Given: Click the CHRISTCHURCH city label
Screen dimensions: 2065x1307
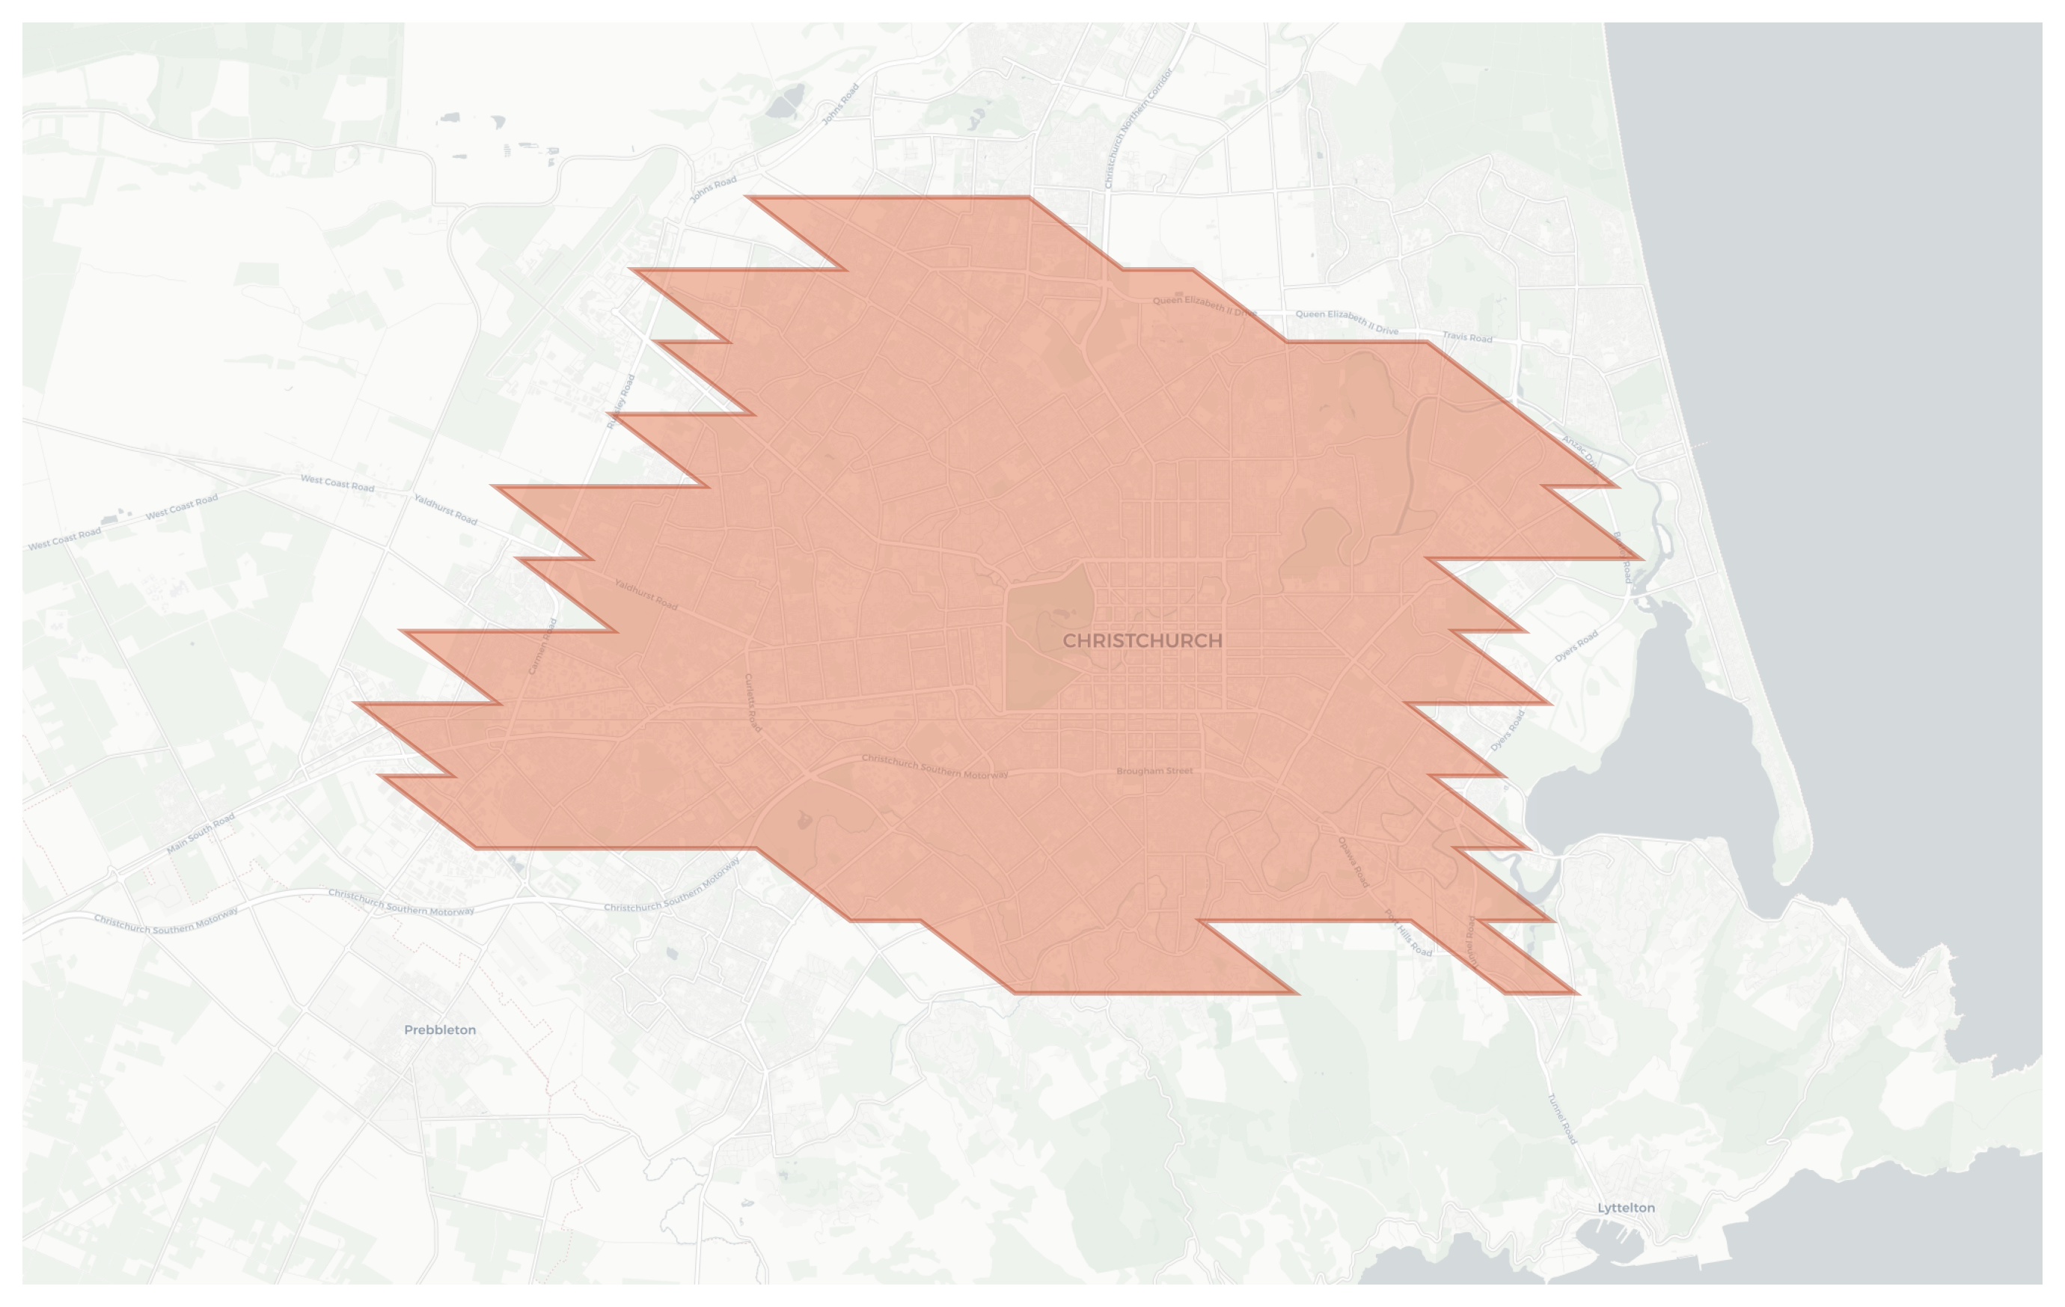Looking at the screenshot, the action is [x=1142, y=640].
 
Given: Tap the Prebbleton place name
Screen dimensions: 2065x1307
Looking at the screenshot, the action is [x=440, y=1030].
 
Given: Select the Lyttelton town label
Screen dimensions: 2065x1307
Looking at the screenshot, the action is [x=1626, y=1207].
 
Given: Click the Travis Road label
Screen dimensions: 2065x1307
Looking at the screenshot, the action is [x=1467, y=337].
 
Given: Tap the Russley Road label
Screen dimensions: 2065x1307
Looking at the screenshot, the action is [x=621, y=401].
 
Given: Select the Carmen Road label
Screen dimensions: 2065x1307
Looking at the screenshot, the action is [x=543, y=646].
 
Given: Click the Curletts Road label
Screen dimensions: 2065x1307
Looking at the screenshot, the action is [x=752, y=703].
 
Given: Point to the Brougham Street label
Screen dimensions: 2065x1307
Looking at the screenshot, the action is [x=1154, y=770].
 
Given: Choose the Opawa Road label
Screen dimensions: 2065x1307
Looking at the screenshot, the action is [x=1353, y=862].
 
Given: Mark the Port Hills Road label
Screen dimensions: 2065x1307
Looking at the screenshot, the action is [x=1408, y=933].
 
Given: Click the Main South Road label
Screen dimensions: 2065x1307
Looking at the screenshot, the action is [x=201, y=833].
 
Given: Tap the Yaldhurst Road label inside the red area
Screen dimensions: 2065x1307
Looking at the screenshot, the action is [x=646, y=594].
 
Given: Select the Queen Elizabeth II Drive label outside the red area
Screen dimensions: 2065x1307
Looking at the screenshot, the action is [x=1347, y=322].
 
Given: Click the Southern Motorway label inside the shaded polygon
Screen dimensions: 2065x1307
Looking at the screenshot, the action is [x=934, y=767].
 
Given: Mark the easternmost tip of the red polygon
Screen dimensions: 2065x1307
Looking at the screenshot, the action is [x=1642, y=558].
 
